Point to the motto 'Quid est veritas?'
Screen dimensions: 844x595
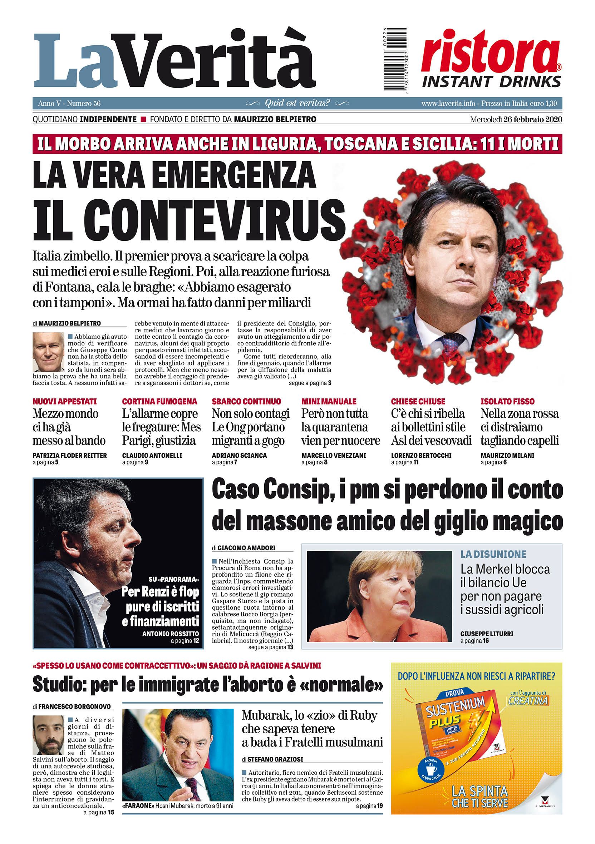coord(297,103)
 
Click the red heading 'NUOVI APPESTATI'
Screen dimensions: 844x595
coord(65,401)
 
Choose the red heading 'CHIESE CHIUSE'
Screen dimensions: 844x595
coord(418,401)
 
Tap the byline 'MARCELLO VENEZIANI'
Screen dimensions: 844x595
coord(334,455)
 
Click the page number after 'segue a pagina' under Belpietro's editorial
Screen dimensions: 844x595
coord(329,383)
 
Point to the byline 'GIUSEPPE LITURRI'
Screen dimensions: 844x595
coord(487,634)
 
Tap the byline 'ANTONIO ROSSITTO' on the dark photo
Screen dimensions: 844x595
coord(171,634)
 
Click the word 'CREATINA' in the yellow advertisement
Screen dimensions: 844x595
coord(528,700)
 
